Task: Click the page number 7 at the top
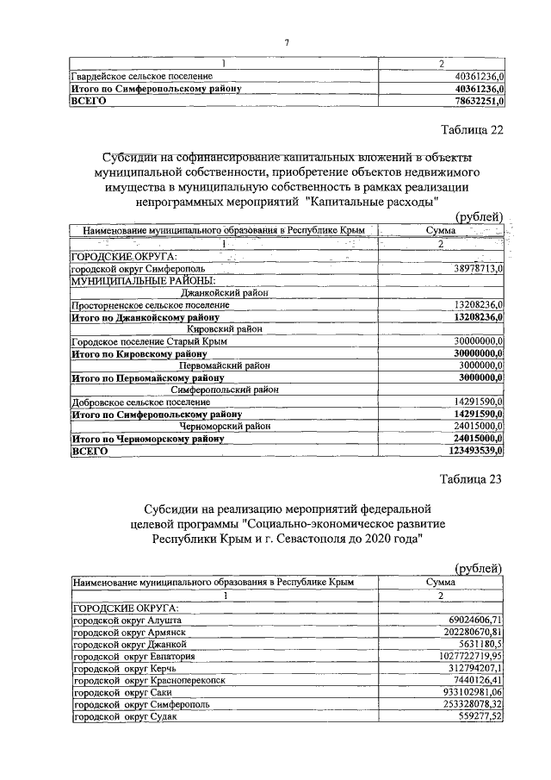click(287, 43)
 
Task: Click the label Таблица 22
click(470, 130)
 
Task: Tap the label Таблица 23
click(470, 479)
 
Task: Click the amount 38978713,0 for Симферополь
click(476, 269)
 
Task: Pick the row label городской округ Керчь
click(127, 667)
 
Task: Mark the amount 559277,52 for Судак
click(479, 715)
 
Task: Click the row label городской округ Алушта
click(128, 619)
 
